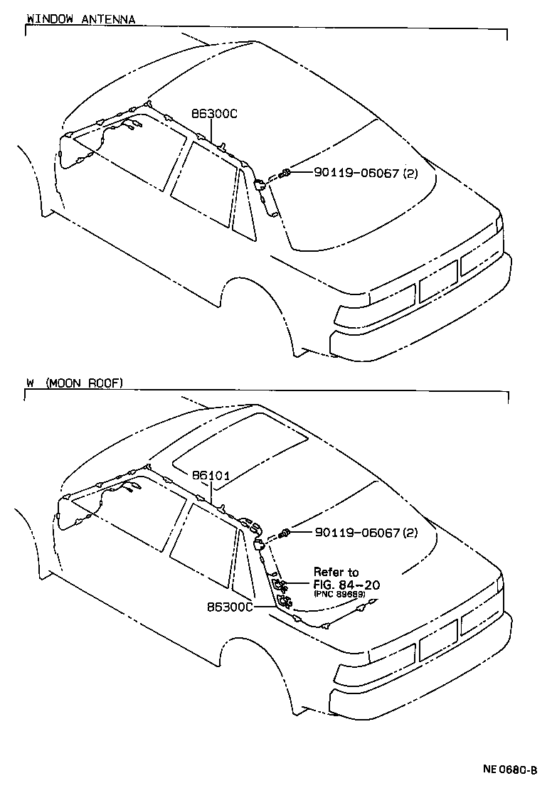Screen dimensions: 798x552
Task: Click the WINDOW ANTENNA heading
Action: pos(80,19)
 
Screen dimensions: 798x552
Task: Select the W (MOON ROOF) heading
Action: pos(74,383)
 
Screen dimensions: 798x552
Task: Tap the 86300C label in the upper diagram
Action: pos(213,113)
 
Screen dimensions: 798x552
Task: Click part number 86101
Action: pos(210,474)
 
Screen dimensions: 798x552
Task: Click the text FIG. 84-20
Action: pos(346,584)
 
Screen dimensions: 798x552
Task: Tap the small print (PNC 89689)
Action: pos(339,594)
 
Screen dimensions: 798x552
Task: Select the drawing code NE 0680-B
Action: pos(509,769)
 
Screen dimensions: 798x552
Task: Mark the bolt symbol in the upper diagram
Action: pos(286,173)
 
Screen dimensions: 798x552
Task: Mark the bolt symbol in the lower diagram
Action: pos(286,532)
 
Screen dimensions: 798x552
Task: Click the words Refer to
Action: pos(336,572)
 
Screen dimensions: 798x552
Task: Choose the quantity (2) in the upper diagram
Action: pos(410,173)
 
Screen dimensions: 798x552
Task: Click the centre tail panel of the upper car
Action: pos(437,281)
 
